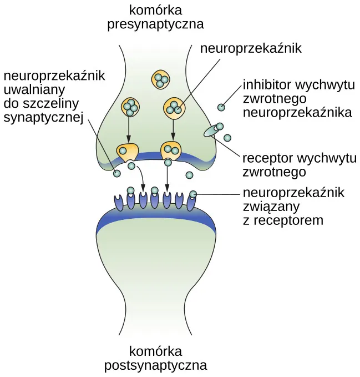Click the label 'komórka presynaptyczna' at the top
click(156, 17)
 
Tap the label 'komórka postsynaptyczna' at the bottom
click(156, 359)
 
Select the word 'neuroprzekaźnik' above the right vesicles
click(251, 48)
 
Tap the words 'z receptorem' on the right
click(283, 220)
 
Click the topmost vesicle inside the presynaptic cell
click(161, 79)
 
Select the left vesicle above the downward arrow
click(130, 107)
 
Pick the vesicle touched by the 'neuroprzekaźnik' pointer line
click(174, 107)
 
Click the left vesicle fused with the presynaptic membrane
click(128, 151)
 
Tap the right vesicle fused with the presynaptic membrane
click(170, 150)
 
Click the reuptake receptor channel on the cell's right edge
click(212, 130)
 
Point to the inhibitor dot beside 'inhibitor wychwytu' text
click(221, 107)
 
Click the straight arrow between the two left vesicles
click(129, 130)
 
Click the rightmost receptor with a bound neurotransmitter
click(192, 200)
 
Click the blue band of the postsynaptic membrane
click(155, 217)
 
